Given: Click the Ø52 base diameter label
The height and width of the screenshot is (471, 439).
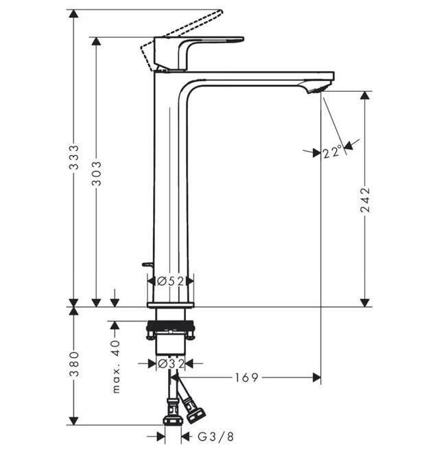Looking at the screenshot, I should pos(170,280).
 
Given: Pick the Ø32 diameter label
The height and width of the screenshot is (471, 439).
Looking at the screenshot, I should pos(170,364).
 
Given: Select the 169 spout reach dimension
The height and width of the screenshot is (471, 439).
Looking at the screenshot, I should pos(246,377).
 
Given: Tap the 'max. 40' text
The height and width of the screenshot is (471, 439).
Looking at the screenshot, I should pos(115,366).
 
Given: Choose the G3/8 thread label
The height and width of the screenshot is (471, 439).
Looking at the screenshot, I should pos(215,436).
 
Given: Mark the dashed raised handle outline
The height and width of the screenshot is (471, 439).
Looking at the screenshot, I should pos(185,27).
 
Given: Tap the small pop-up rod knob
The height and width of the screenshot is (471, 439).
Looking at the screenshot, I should pos(145,263).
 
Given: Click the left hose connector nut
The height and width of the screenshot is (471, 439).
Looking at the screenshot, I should pos(172,417).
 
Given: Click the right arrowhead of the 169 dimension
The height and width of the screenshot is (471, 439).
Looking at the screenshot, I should pos(316,377).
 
